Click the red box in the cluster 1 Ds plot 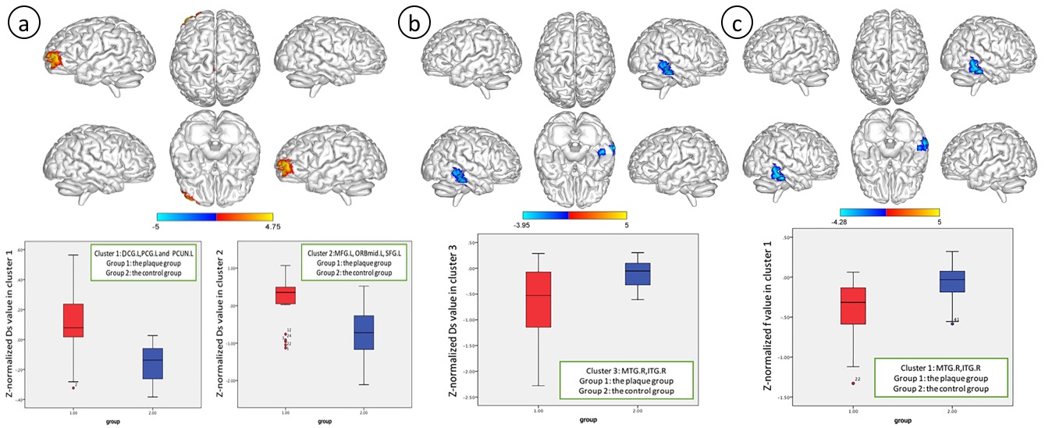click(x=73, y=321)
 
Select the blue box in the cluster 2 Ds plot click(x=364, y=333)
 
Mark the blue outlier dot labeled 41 click(x=951, y=323)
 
